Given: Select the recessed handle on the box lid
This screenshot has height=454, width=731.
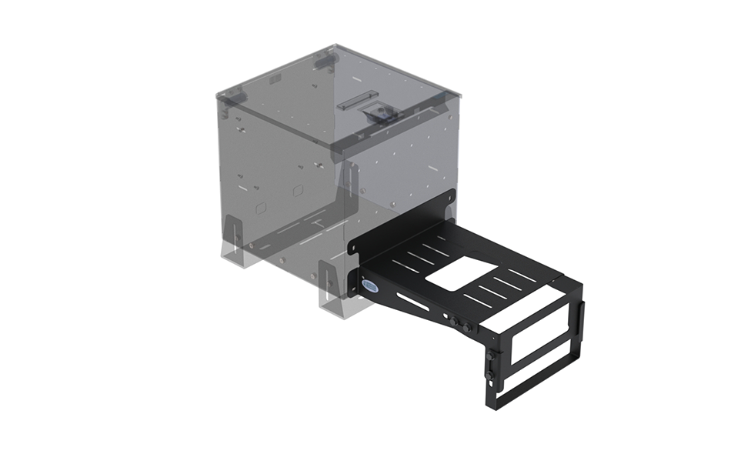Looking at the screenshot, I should (356, 101).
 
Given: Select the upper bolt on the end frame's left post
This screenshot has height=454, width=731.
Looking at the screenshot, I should (489, 355).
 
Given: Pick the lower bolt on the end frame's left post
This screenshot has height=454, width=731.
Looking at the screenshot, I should (489, 377).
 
